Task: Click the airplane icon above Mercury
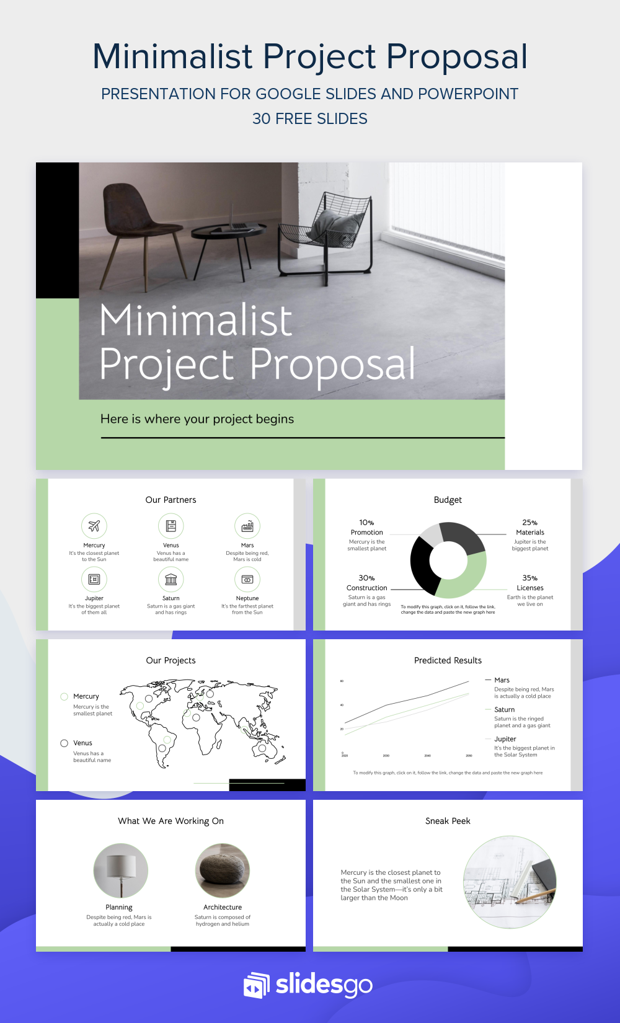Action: pos(94,526)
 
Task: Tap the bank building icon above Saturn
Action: pos(171,580)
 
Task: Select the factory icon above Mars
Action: pos(247,526)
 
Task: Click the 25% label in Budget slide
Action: pos(529,523)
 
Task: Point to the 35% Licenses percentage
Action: pos(529,578)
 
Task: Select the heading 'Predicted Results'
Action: pos(448,660)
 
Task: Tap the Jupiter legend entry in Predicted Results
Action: pos(505,739)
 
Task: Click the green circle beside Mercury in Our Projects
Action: pos(64,697)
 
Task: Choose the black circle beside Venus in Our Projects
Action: pos(64,743)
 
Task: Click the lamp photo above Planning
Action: pos(120,870)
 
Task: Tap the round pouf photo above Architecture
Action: pos(223,870)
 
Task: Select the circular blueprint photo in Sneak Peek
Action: pos(510,882)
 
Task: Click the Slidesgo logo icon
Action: pos(256,985)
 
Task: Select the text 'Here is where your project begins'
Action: pos(197,419)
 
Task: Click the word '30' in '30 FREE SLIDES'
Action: pos(261,118)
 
